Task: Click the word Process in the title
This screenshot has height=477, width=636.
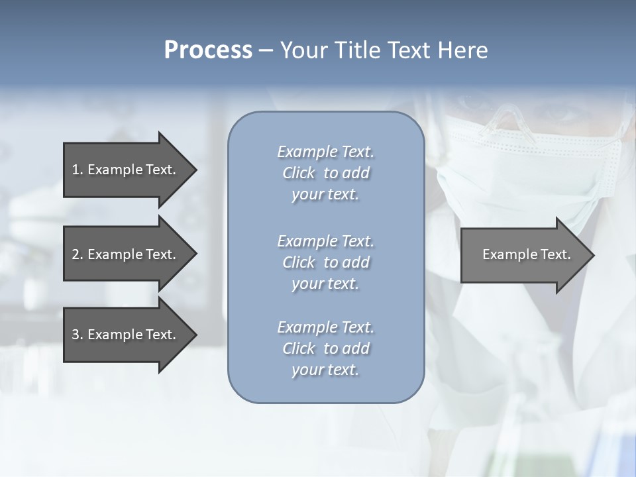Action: tap(208, 50)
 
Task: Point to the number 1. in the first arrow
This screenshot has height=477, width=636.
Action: tap(77, 170)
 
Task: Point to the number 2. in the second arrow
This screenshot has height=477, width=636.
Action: tap(77, 254)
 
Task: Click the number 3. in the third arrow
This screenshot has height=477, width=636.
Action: tap(77, 335)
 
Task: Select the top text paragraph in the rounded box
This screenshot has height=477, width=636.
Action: tap(325, 173)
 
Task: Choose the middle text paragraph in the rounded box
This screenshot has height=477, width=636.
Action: tap(325, 262)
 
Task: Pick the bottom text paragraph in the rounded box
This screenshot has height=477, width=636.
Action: tap(325, 348)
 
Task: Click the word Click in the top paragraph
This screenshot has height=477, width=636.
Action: tap(299, 174)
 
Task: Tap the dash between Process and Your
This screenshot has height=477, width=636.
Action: tap(266, 51)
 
